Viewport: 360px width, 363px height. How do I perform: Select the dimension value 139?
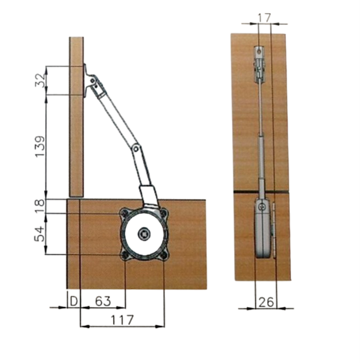pyautogui.click(x=40, y=146)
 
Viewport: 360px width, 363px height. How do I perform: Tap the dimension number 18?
pyautogui.click(x=40, y=206)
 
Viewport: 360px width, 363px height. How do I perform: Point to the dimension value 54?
pyautogui.click(x=39, y=234)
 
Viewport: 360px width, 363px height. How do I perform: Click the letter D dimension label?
pyautogui.click(x=73, y=301)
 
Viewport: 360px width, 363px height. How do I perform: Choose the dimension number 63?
pyautogui.click(x=103, y=301)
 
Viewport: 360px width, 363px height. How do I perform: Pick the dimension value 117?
pyautogui.click(x=122, y=320)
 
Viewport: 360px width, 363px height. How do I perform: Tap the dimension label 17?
pyautogui.click(x=264, y=18)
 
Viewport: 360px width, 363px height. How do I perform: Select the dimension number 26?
pyautogui.click(x=266, y=302)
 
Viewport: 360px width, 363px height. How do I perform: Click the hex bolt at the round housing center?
pyautogui.click(x=144, y=235)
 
